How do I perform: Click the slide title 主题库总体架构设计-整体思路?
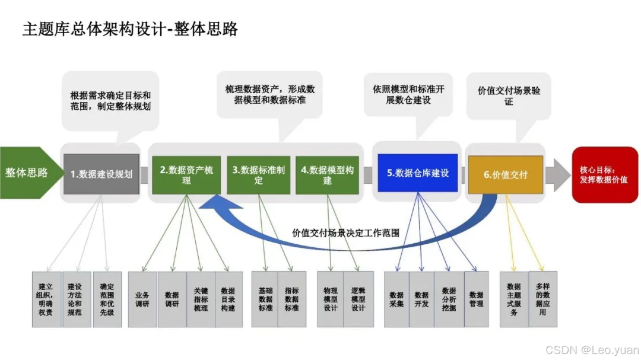(x=130, y=29)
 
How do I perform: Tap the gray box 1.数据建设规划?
(x=101, y=174)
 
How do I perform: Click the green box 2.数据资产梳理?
(x=186, y=174)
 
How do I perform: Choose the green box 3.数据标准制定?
(x=258, y=174)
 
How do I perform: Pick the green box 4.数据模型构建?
(x=327, y=174)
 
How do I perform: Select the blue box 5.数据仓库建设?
(x=418, y=173)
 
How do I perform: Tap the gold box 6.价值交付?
(x=505, y=174)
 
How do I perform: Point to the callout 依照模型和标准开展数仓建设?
(x=408, y=95)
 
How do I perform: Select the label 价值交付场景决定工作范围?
(x=345, y=232)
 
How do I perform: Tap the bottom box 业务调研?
(x=142, y=299)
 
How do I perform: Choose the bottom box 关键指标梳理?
(x=201, y=299)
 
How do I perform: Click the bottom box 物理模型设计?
(x=330, y=299)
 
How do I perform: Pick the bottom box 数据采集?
(x=396, y=299)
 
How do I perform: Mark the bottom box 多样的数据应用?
(x=542, y=299)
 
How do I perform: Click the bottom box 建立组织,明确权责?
(x=46, y=299)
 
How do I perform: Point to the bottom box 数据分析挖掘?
(x=449, y=299)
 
